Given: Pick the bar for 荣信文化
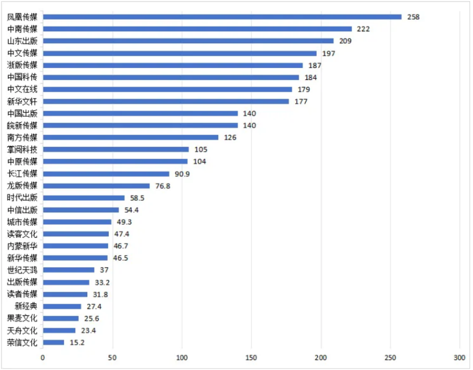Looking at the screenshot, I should click(53, 342).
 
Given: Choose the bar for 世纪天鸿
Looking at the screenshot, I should click(69, 270).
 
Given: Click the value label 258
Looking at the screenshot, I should click(413, 17).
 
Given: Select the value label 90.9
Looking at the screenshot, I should click(182, 174).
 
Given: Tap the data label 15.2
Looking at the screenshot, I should click(78, 342).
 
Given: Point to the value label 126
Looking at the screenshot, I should click(229, 137).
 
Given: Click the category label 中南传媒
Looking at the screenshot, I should click(23, 29).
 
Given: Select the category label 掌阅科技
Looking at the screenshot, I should click(23, 150).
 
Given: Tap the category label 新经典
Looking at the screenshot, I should click(26, 306).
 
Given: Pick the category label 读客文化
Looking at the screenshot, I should click(23, 234).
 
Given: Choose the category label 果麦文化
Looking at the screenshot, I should click(23, 318).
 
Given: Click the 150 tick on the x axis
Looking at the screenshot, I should click(252, 358).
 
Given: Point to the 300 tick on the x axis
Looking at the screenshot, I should click(459, 358).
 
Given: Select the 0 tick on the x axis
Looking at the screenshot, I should click(42, 358).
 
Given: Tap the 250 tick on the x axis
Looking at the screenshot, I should click(390, 358).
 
